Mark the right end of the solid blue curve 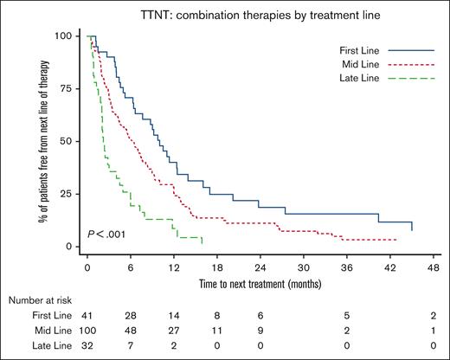pyautogui.click(x=412, y=231)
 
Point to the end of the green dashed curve pyautogui.click(x=202, y=244)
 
